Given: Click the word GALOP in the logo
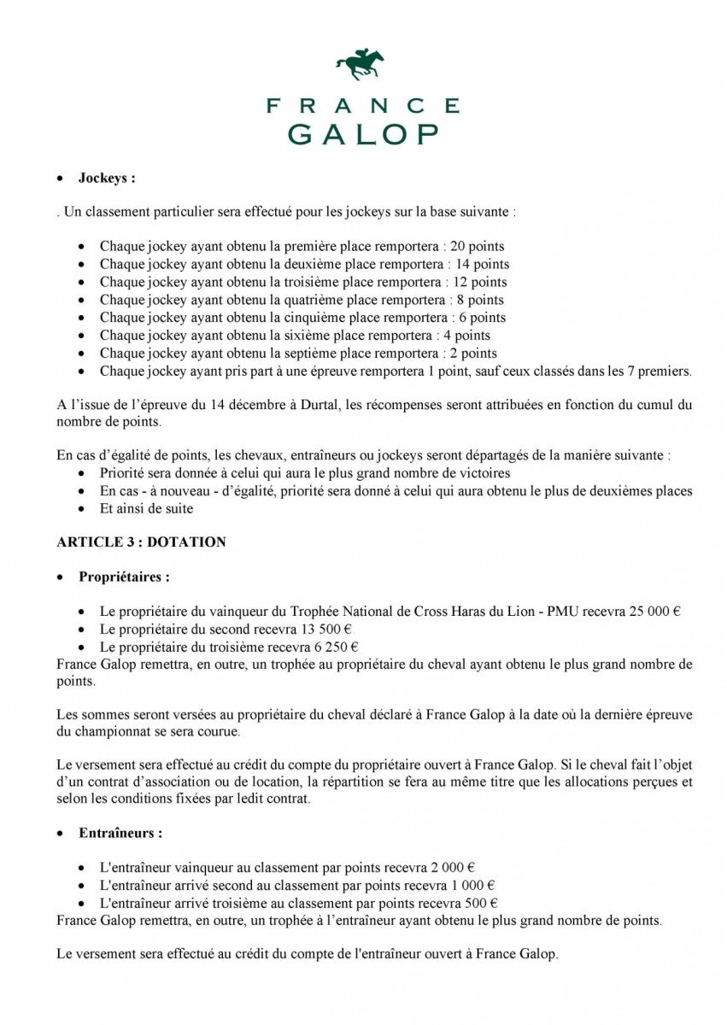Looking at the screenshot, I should coord(363,135).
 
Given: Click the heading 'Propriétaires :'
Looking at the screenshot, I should coord(124,577).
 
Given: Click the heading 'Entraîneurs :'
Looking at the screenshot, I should coord(120,832).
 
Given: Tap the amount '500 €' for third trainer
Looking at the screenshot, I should coord(482,903).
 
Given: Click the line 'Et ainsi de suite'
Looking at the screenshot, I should coord(147,509).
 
